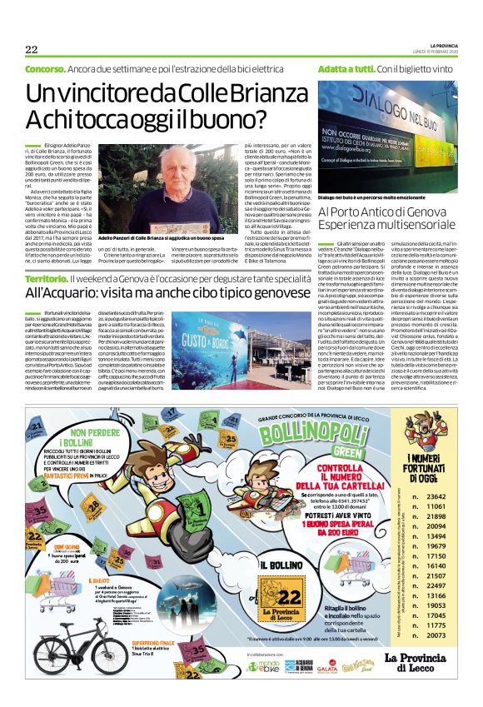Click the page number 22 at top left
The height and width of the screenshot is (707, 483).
click(32, 48)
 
